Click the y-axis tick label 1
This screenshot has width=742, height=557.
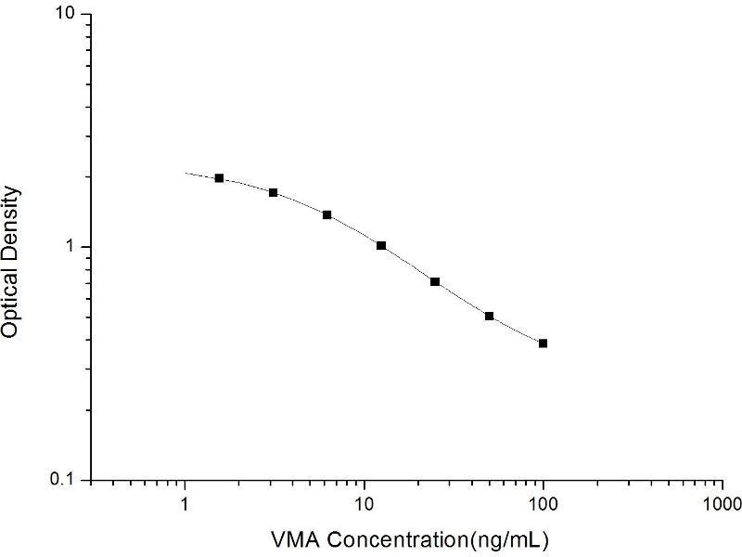click(78, 248)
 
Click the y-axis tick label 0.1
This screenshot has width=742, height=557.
click(70, 481)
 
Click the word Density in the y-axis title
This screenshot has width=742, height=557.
click(11, 218)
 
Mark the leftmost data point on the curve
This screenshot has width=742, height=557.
click(219, 178)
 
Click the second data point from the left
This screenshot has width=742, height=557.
click(273, 192)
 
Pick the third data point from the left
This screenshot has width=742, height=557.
click(326, 214)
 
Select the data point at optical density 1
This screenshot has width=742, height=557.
click(381, 245)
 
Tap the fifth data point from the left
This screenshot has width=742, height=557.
click(435, 281)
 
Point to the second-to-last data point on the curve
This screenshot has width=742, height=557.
click(489, 317)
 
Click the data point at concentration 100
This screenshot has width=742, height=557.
click(543, 343)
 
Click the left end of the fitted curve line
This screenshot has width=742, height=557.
click(186, 173)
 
